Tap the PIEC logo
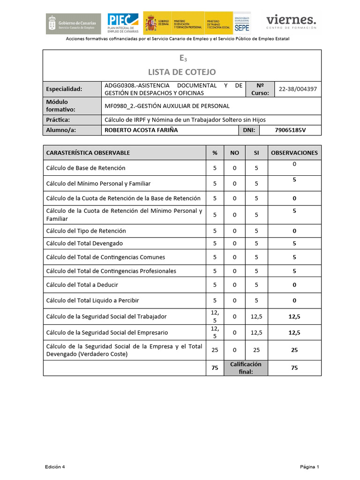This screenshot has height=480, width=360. [x=123, y=22]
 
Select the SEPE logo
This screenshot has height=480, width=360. [x=242, y=22]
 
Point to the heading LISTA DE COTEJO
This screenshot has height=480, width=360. [x=182, y=72]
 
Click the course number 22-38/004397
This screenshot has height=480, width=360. [x=298, y=89]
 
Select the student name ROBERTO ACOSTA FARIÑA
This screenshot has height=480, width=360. [x=141, y=130]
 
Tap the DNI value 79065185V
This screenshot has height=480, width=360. [x=290, y=130]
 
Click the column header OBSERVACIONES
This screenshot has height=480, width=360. [x=294, y=152]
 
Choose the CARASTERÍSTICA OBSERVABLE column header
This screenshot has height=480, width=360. [x=88, y=152]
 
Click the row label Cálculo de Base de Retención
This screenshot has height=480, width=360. [x=86, y=168]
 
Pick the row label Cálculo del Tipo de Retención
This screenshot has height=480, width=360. [x=86, y=231]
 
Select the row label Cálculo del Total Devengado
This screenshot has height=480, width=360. [x=84, y=244]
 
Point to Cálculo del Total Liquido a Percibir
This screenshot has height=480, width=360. [x=92, y=300]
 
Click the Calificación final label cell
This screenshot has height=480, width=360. [x=246, y=368]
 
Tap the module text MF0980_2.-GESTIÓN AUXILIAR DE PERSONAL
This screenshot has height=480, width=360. [x=167, y=106]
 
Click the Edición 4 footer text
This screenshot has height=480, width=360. [x=55, y=467]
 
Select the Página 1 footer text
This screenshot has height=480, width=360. [x=310, y=467]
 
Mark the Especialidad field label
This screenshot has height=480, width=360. [x=64, y=89]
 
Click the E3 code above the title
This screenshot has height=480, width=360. [x=182, y=59]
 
